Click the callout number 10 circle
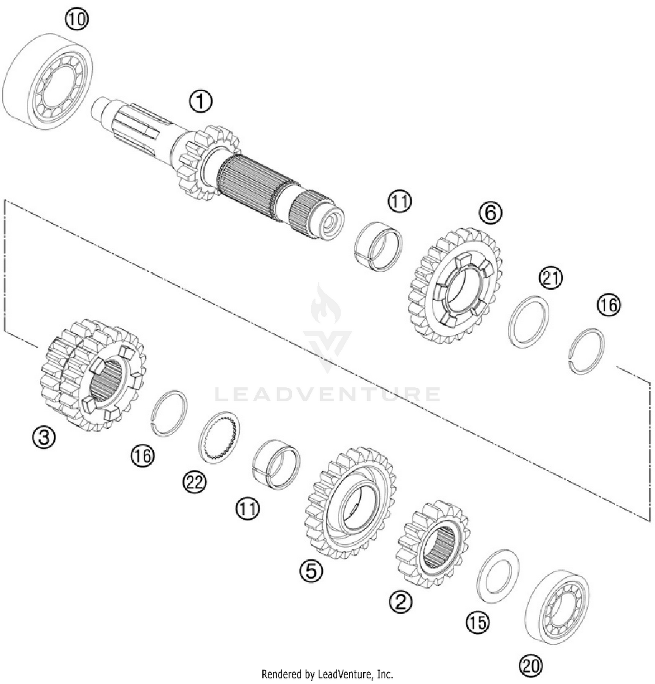77,20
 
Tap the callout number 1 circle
200,101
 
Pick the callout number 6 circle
490,212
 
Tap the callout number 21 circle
551,278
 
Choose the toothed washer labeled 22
219,438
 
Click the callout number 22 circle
194,482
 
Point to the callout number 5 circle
311,570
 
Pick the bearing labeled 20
557,606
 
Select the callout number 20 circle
531,666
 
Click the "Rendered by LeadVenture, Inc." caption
327,674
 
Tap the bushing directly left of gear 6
378,246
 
